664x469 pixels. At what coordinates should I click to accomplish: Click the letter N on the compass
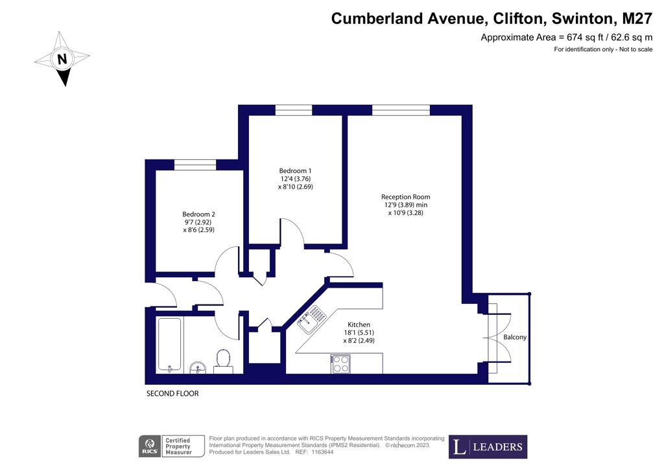pyautogui.click(x=62, y=58)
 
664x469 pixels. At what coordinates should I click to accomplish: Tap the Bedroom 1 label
pyautogui.click(x=295, y=171)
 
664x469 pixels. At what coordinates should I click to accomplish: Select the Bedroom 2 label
pyautogui.click(x=198, y=214)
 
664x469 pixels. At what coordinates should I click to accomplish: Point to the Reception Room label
pyautogui.click(x=405, y=197)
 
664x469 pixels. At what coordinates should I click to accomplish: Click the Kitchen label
pyautogui.click(x=359, y=325)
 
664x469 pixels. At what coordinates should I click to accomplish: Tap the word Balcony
pyautogui.click(x=515, y=337)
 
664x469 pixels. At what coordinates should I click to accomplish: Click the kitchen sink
pyautogui.click(x=311, y=319)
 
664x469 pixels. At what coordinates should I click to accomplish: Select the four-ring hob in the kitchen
pyautogui.click(x=341, y=364)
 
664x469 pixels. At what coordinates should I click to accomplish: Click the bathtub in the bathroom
pyautogui.click(x=170, y=345)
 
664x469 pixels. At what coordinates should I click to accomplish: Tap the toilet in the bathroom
pyautogui.click(x=223, y=361)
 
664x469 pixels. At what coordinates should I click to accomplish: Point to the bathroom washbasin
pyautogui.click(x=198, y=367)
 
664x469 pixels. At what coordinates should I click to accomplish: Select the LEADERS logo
pyautogui.click(x=488, y=446)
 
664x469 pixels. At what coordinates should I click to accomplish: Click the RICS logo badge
pyautogui.click(x=150, y=446)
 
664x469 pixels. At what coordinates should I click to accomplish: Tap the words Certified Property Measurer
pyautogui.click(x=178, y=446)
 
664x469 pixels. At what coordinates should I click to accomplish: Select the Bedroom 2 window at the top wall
pyautogui.click(x=195, y=165)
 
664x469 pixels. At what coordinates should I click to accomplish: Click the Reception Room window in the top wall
pyautogui.click(x=401, y=110)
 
